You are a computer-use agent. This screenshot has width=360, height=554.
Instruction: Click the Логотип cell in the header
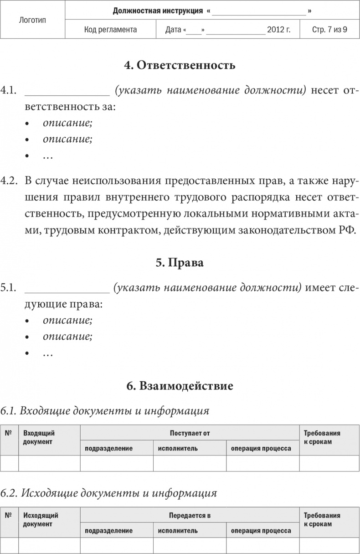click(x=33, y=20)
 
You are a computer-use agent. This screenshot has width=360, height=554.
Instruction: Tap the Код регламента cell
click(x=111, y=30)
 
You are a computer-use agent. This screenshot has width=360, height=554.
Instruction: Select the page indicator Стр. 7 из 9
click(x=329, y=30)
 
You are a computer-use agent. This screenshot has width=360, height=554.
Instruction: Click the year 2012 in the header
click(x=276, y=30)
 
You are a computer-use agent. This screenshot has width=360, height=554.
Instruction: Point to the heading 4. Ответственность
click(x=180, y=65)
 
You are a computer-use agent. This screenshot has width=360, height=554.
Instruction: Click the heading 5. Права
click(x=180, y=263)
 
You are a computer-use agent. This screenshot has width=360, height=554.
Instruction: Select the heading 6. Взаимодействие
click(x=180, y=386)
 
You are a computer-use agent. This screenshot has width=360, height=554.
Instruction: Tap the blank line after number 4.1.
click(x=67, y=90)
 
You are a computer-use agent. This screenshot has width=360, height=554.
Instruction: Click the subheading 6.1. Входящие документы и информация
click(x=105, y=411)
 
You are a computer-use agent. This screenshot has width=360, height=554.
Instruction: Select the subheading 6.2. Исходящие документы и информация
click(x=108, y=493)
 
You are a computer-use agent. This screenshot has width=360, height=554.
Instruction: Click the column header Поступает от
click(x=190, y=433)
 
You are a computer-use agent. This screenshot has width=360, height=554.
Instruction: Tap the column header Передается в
click(x=190, y=515)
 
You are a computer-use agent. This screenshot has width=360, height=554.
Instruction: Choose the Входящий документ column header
click(x=39, y=437)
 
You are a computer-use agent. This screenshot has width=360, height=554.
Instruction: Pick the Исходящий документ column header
click(x=41, y=519)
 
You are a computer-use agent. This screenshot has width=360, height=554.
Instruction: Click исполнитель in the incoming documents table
click(x=178, y=448)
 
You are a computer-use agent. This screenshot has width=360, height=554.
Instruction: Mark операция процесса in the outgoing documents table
click(x=261, y=531)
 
